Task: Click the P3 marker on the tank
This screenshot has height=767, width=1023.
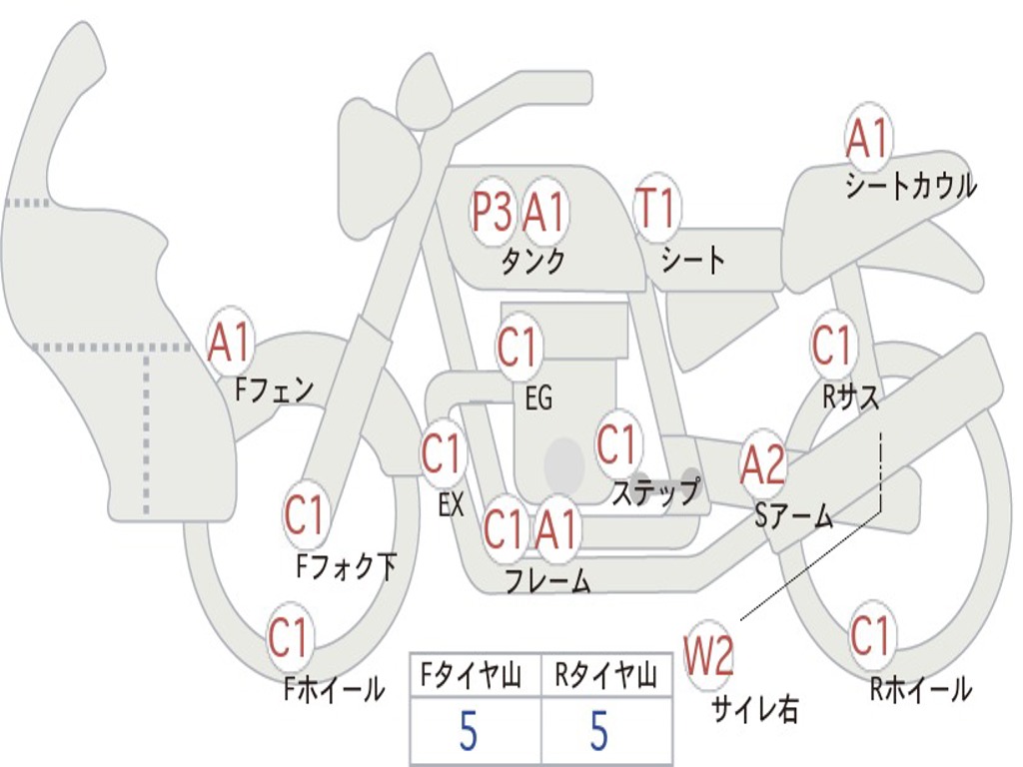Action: click(492, 212)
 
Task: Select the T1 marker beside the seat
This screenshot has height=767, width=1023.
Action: click(656, 208)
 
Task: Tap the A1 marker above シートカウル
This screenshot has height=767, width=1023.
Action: click(868, 138)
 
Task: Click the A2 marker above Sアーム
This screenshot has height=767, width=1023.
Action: click(763, 464)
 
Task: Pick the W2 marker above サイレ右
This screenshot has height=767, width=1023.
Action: click(708, 655)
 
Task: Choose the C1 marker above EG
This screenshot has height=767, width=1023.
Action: click(516, 346)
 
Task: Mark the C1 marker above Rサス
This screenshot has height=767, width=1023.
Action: click(832, 345)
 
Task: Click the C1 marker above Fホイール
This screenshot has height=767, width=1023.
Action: click(289, 637)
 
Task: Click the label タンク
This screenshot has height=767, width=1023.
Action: click(533, 262)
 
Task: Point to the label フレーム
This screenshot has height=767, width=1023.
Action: click(548, 580)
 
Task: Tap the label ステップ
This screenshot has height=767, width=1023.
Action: click(655, 491)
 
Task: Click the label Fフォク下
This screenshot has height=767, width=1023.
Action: click(347, 566)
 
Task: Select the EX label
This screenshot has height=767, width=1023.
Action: click(451, 504)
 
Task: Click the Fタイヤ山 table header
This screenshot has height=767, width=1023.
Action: click(471, 676)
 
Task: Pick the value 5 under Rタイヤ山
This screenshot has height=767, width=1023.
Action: click(599, 731)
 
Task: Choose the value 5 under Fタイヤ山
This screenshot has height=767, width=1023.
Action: click(468, 731)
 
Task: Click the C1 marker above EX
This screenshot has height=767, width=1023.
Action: click(443, 453)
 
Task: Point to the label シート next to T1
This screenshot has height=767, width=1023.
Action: click(693, 259)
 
